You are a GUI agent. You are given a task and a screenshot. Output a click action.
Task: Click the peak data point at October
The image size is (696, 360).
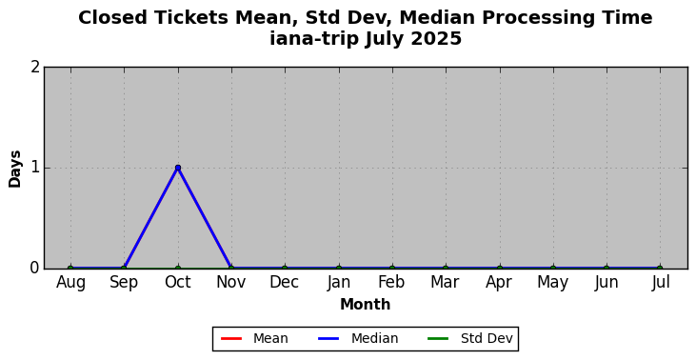pos(178,168)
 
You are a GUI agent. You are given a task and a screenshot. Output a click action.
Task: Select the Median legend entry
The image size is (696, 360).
pos(358,339)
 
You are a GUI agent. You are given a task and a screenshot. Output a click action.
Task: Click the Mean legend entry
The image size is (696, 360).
pos(254,339)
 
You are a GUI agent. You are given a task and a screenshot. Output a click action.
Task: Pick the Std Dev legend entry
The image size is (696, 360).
pos(470,339)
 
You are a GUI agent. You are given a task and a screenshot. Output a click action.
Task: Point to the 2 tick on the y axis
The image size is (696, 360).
pos(36,67)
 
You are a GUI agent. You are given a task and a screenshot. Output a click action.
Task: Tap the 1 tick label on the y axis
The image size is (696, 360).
pos(36,168)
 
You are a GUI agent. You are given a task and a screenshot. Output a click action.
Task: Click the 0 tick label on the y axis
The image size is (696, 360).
pos(36,269)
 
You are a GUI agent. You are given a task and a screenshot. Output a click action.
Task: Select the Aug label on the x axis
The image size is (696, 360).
pos(70,283)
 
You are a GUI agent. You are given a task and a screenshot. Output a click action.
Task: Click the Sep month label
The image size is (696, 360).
pos(124,283)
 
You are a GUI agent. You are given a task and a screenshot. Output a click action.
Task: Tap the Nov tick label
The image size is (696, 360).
pos(230,282)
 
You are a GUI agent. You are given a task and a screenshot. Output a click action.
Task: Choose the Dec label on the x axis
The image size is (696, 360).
pos(285,282)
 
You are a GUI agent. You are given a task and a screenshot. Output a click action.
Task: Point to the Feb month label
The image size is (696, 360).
pos(391,282)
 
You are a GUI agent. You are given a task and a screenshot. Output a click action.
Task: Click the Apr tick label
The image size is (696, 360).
pos(499,283)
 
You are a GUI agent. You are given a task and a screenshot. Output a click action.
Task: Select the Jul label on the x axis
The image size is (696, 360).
pos(660,283)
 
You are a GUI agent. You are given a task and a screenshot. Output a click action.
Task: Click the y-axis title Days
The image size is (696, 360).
pos(14,169)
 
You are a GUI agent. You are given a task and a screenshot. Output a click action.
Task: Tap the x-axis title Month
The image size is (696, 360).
pos(366,305)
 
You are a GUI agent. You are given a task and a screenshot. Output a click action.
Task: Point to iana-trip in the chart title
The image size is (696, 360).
pos(314,39)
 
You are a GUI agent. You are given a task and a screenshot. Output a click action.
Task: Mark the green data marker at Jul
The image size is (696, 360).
pos(660,269)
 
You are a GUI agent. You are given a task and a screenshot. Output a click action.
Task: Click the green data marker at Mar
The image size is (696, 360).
pos(446,269)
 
